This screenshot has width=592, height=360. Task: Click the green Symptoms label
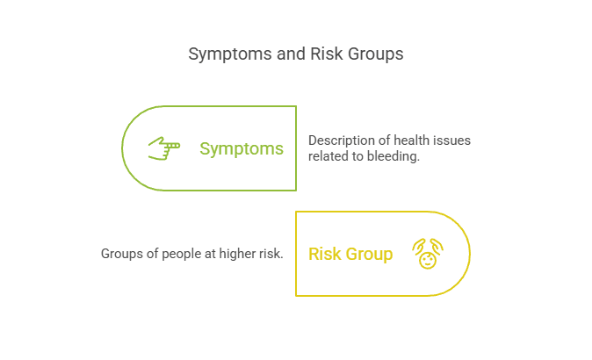tap(242, 149)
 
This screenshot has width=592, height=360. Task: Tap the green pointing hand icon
tap(163, 148)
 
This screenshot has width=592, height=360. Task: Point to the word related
tap(328, 156)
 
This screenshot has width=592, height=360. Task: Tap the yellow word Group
tap(369, 255)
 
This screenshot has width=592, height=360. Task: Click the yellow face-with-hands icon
tap(428, 254)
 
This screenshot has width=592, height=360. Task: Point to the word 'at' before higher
tap(206, 254)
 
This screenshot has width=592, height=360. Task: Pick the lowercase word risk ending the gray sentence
tap(270, 254)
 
